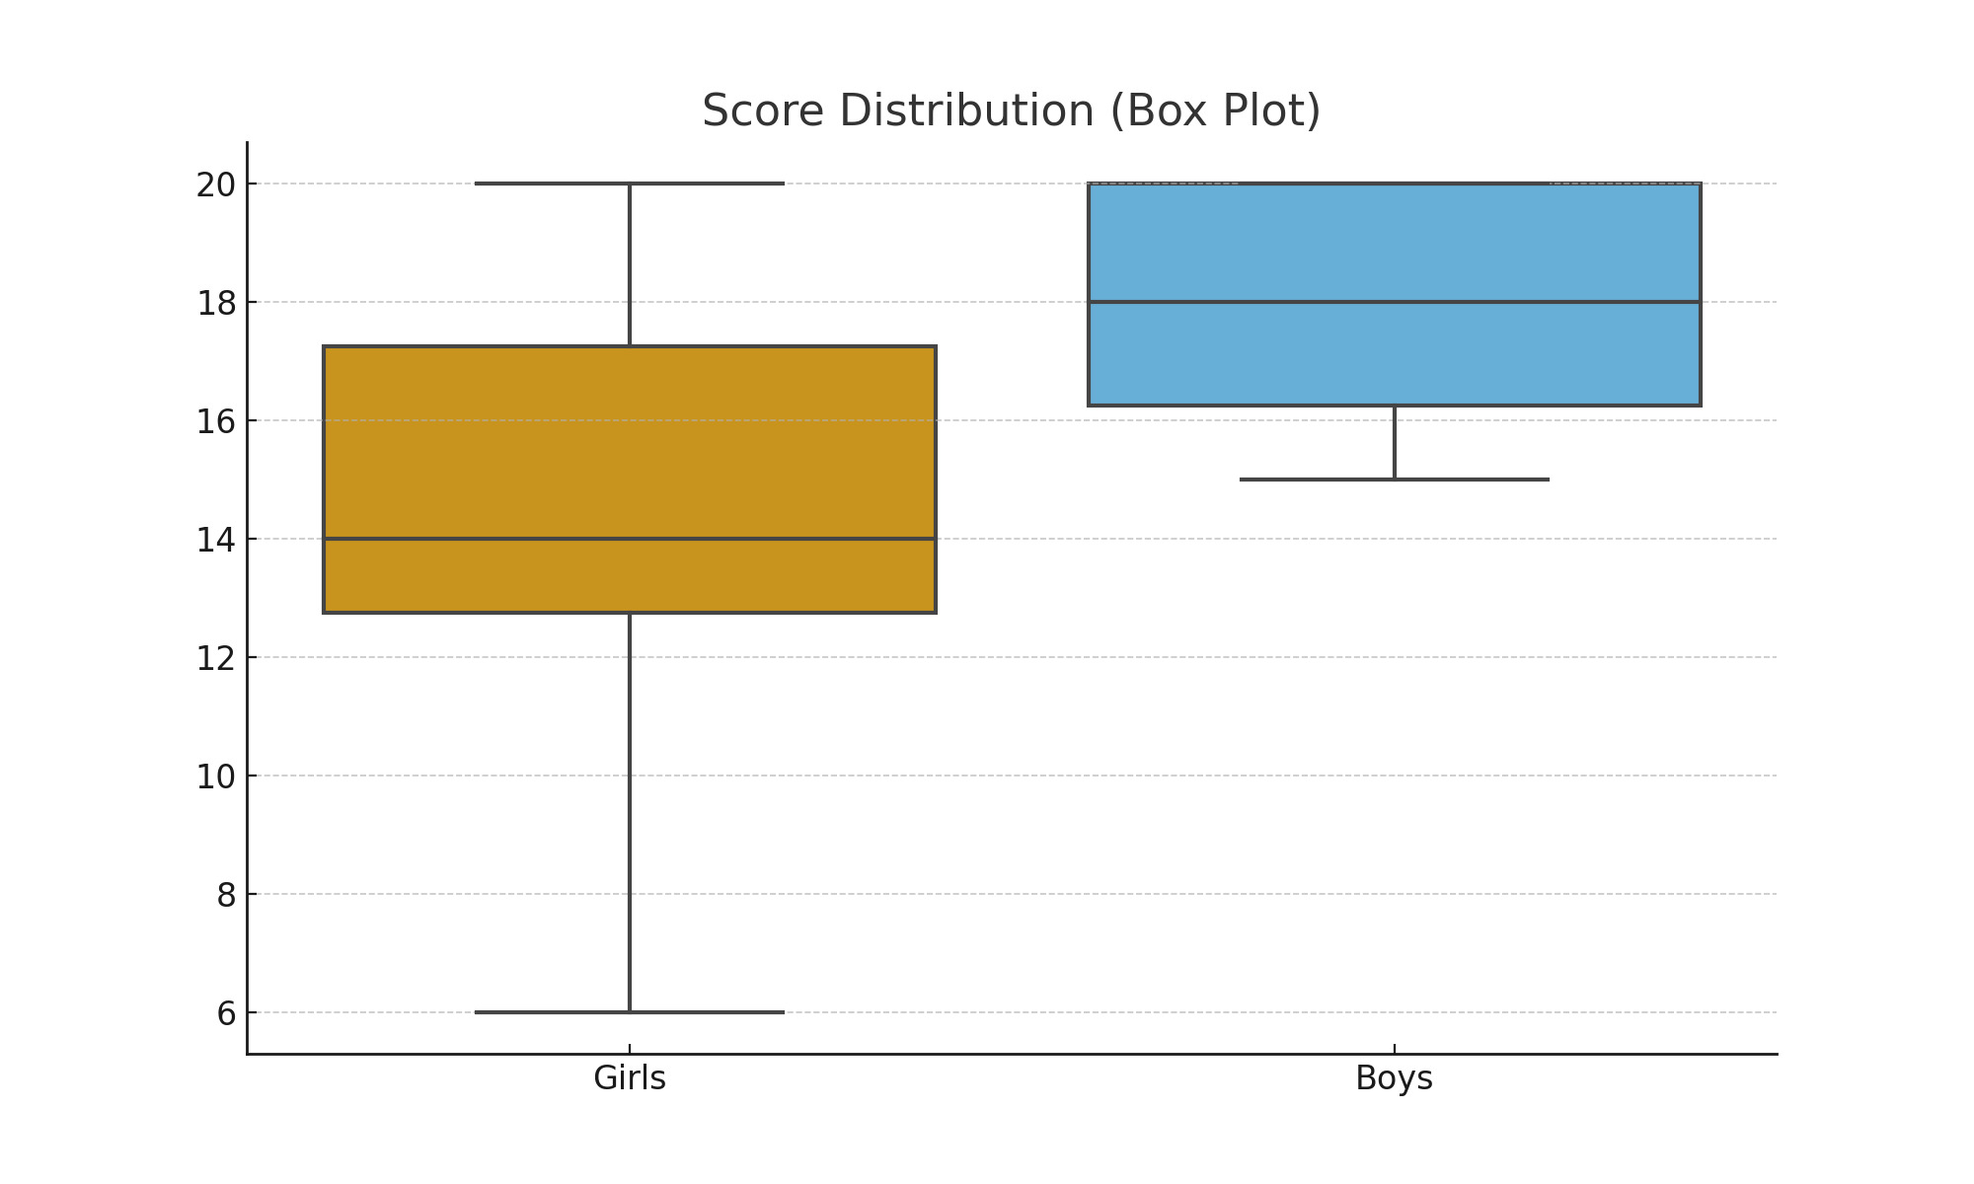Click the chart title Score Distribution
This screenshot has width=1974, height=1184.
point(1011,111)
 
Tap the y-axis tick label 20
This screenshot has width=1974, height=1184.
point(215,185)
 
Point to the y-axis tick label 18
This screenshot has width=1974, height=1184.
point(215,303)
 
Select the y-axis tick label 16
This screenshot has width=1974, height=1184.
point(215,421)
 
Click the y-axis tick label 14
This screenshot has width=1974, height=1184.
point(215,540)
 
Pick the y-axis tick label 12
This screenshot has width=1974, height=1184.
point(215,658)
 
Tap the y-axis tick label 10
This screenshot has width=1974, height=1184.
point(215,777)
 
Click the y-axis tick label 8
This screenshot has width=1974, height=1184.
point(226,895)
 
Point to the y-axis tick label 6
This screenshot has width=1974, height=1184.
point(226,1013)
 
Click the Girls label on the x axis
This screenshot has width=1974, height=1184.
point(630,1078)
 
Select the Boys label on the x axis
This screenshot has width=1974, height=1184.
point(1394,1078)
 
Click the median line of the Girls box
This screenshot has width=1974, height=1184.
point(493,539)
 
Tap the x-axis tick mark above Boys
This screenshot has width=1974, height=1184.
point(1394,1049)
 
